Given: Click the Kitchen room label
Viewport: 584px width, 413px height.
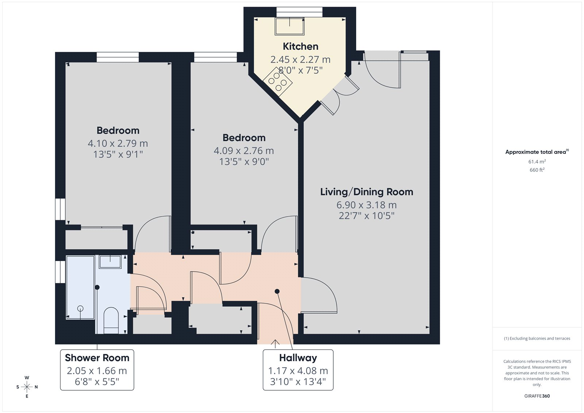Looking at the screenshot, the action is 300,46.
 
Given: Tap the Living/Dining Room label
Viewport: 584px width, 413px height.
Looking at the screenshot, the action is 366,192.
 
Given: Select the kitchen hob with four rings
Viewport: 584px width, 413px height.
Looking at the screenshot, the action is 277,82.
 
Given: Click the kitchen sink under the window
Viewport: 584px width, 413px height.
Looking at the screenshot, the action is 289,26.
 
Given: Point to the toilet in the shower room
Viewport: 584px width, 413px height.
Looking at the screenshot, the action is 111,320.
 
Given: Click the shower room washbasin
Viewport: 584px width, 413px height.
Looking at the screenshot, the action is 110,262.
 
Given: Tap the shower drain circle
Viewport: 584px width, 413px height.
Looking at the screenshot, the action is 80,309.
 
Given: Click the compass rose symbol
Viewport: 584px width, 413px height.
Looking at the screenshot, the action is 27,387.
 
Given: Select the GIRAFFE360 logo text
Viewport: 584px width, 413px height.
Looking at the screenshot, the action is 537,396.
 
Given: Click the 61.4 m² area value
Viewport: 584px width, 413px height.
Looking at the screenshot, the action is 537,161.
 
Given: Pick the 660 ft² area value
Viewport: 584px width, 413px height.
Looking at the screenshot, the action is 537,170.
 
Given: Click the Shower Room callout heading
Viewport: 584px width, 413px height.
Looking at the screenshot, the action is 97,358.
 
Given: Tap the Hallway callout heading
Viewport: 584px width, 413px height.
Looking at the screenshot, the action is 298,358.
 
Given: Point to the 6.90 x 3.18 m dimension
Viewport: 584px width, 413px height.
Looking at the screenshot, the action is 366,205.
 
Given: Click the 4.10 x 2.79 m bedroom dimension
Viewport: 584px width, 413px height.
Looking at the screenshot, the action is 118,144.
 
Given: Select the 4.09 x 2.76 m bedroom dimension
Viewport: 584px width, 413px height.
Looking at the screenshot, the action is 244,151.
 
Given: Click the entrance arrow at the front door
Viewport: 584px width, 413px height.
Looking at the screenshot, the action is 275,344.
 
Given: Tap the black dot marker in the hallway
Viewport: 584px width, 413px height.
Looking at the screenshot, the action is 277,291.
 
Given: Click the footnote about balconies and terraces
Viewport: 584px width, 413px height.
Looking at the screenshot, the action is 537,339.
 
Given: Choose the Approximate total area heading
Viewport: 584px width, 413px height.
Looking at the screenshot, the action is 537,152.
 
